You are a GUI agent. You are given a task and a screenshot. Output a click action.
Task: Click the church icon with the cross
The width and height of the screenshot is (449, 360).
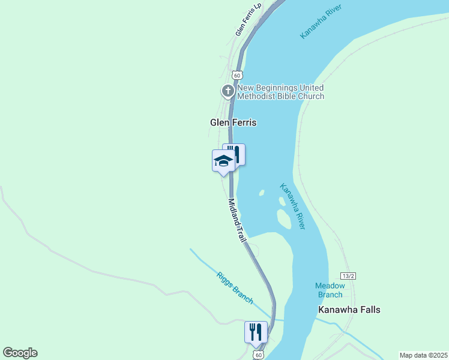click(x=228, y=91)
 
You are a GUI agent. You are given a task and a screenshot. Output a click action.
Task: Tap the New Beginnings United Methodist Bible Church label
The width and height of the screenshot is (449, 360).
click(x=281, y=92)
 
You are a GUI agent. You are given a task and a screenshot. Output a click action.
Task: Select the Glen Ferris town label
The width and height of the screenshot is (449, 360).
click(x=233, y=122)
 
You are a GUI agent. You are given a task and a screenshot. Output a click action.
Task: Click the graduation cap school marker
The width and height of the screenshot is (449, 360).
click(x=223, y=161)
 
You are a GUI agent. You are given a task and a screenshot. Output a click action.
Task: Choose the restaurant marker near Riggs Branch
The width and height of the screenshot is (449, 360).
click(x=256, y=332)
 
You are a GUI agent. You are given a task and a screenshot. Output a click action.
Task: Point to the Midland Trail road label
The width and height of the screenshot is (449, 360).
click(x=237, y=220)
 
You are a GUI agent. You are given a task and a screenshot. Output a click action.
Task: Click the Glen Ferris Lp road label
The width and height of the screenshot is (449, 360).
click(x=249, y=20)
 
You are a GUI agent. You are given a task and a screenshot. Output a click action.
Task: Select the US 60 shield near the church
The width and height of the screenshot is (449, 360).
click(x=237, y=75)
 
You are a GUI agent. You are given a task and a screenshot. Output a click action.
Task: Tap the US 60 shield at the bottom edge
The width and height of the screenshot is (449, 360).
click(x=258, y=355)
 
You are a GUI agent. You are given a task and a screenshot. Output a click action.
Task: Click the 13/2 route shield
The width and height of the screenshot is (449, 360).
click(x=348, y=275)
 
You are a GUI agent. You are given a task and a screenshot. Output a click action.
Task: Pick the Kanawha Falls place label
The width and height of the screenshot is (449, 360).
click(x=349, y=310)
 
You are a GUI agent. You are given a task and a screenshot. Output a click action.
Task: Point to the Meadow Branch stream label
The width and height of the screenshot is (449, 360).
click(x=330, y=290)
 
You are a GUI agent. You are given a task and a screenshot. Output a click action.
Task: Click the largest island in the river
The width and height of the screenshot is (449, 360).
click(x=284, y=219)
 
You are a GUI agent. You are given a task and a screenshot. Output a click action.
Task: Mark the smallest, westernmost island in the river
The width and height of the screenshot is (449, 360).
click(x=262, y=193)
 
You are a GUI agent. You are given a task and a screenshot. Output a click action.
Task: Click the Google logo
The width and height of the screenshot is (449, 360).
click(x=20, y=353)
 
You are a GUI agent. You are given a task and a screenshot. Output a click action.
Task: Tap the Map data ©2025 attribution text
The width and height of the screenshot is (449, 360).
click(x=423, y=355)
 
